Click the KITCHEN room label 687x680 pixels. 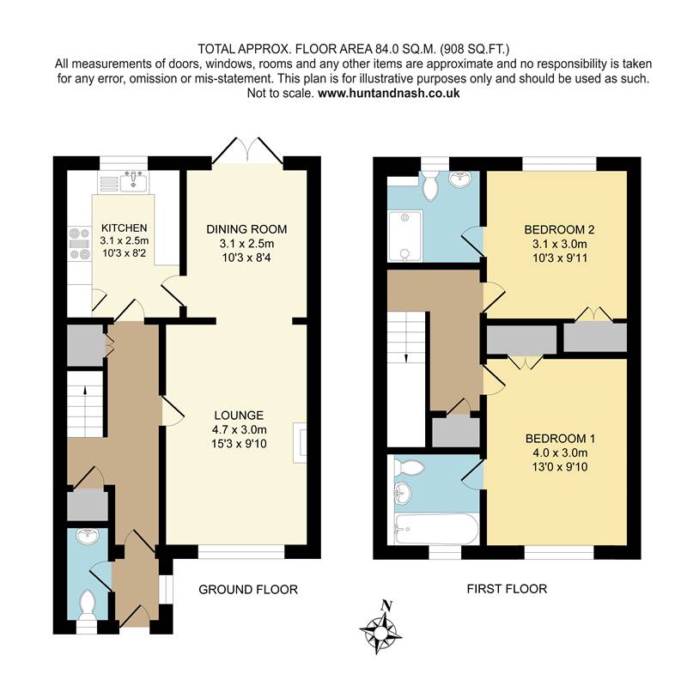[124, 228]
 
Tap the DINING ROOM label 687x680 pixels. [246, 229]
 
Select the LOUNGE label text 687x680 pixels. [239, 416]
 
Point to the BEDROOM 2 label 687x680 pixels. [560, 229]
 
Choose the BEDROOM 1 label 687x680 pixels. [560, 439]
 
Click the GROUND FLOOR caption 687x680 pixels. [248, 590]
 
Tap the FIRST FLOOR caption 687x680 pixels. [507, 589]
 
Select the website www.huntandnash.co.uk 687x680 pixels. [389, 94]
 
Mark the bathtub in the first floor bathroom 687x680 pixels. [435, 529]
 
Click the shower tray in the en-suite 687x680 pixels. [404, 236]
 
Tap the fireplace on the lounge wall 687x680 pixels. [300, 442]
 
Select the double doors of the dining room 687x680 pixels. [247, 151]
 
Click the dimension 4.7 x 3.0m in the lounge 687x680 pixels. [240, 429]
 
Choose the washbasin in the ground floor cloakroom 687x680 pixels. [88, 537]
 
